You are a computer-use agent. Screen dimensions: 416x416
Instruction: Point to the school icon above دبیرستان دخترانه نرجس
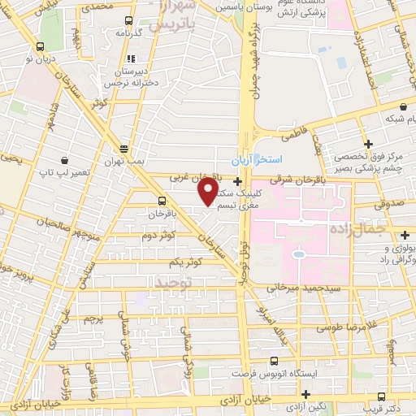point(130,58)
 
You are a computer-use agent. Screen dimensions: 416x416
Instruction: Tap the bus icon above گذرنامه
point(128,20)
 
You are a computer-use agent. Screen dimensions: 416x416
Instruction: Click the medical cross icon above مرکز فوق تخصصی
point(368,143)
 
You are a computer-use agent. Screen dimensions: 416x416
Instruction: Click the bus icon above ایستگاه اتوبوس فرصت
point(273,361)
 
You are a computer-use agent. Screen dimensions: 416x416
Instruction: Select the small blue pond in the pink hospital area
point(299,255)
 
